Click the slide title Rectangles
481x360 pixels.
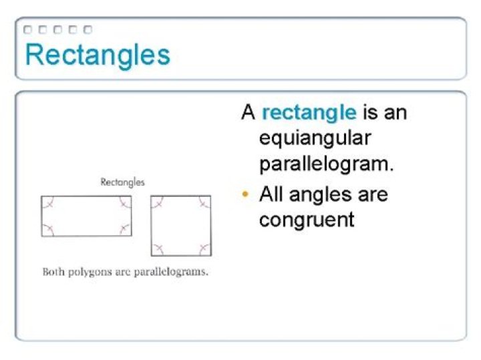pyautogui.click(x=98, y=55)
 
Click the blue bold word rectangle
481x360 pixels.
pyautogui.click(x=309, y=112)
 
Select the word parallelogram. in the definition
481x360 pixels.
pyautogui.click(x=326, y=164)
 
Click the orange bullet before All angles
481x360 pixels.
pyautogui.click(x=245, y=195)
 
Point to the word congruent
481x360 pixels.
pyautogui.click(x=307, y=220)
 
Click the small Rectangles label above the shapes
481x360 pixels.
pyautogui.click(x=122, y=182)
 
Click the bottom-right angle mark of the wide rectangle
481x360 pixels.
pyautogui.click(x=124, y=229)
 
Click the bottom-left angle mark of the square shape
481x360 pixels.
pyautogui.click(x=159, y=248)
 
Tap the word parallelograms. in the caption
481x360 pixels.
pyautogui.click(x=170, y=272)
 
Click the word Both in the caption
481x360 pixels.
pyautogui.click(x=53, y=272)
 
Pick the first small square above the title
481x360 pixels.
pyautogui.click(x=27, y=29)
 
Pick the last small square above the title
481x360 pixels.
pyautogui.click(x=88, y=29)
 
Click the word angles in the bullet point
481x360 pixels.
pyautogui.click(x=321, y=195)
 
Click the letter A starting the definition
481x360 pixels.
pyautogui.click(x=249, y=112)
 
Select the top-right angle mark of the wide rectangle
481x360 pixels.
pyautogui.click(x=124, y=203)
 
